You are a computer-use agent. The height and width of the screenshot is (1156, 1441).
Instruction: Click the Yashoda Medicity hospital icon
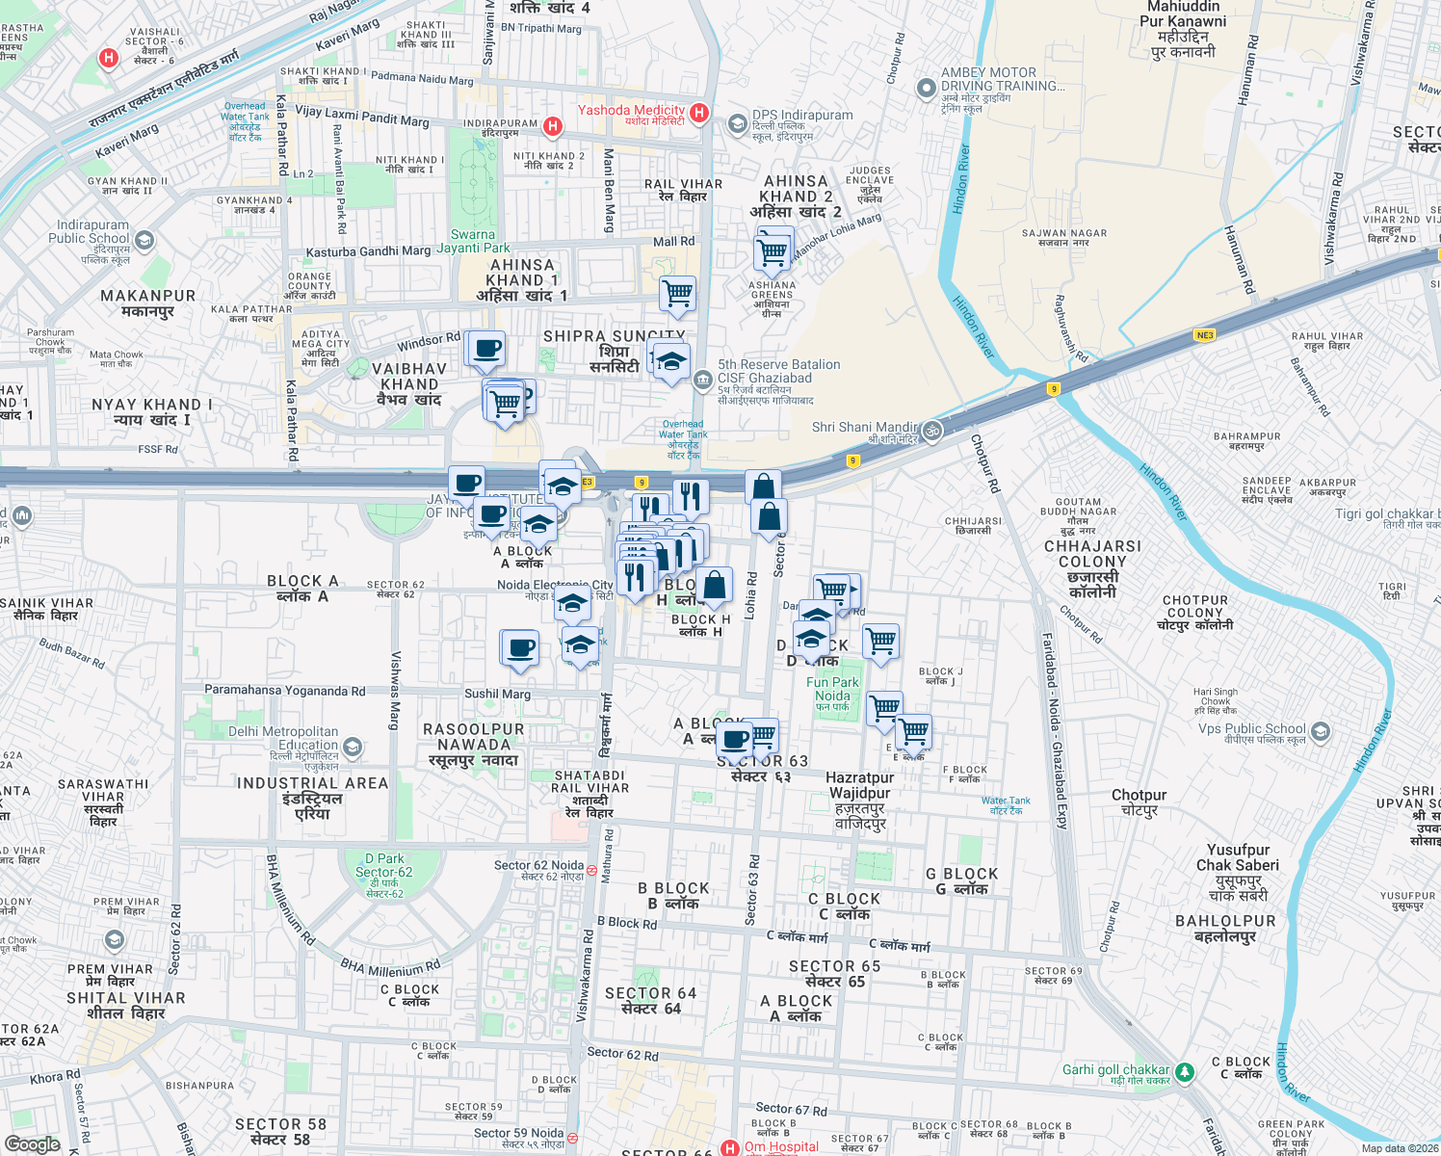(699, 114)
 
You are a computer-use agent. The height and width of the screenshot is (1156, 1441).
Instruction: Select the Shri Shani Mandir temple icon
(931, 431)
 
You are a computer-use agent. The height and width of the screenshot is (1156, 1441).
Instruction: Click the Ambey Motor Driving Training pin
(926, 89)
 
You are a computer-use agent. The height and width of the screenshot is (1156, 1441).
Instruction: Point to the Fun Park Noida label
(832, 689)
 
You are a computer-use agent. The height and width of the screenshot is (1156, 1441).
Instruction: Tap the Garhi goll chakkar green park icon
(1185, 1071)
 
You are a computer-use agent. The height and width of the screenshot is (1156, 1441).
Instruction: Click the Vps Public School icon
(1321, 732)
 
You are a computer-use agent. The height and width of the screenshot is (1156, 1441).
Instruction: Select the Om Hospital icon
(730, 1148)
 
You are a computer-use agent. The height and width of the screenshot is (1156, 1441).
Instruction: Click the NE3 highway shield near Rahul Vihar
(1204, 335)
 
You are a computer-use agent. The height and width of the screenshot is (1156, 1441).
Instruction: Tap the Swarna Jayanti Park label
(473, 241)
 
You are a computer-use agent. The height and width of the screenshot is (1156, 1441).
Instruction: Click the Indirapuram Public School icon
(144, 240)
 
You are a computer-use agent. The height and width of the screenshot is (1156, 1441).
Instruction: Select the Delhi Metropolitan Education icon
(353, 747)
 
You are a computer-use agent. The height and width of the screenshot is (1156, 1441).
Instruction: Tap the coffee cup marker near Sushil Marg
(520, 648)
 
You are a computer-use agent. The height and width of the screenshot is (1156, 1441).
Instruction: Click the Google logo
(32, 1143)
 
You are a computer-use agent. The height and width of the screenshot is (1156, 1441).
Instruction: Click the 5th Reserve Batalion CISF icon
(703, 380)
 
